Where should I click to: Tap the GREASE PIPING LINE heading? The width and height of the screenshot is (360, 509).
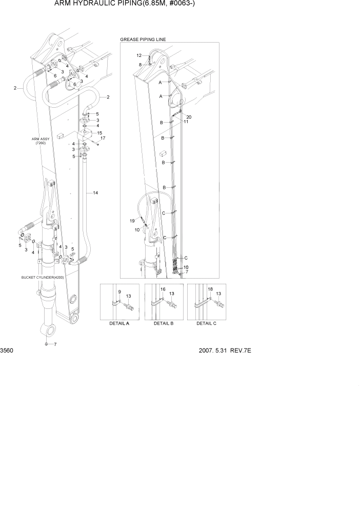pyautogui.click(x=143, y=40)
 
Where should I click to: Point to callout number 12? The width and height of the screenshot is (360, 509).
pyautogui.click(x=139, y=55)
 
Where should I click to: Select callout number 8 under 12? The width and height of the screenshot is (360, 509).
pyautogui.click(x=140, y=64)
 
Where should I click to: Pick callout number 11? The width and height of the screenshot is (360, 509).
pyautogui.click(x=186, y=122)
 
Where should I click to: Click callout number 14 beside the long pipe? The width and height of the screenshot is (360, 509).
pyautogui.click(x=95, y=193)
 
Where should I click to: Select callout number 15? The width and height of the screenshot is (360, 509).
pyautogui.click(x=99, y=133)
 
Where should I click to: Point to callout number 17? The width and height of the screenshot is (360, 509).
pyautogui.click(x=103, y=139)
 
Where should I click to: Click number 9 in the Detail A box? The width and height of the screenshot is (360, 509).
pyautogui.click(x=119, y=292)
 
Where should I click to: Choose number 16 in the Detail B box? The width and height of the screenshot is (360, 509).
pyautogui.click(x=163, y=290)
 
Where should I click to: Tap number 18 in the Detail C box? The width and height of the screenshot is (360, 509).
pyautogui.click(x=210, y=290)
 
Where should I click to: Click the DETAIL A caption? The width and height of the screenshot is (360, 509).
pyautogui.click(x=119, y=324)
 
